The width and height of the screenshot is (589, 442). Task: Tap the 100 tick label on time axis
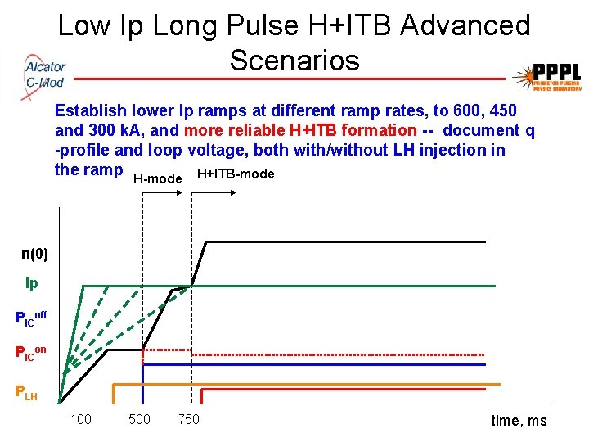(x=80, y=420)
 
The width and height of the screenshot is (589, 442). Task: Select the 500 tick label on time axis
(x=139, y=420)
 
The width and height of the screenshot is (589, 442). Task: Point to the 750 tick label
(x=188, y=420)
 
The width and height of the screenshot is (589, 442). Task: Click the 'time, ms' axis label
(x=519, y=421)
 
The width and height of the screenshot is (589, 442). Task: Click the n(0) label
(x=34, y=254)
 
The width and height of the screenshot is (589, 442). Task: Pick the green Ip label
(x=32, y=284)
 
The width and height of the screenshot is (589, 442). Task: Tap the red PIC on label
(x=31, y=353)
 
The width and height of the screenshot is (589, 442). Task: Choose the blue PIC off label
(x=31, y=318)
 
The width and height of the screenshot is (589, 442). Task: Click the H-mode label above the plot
(x=157, y=178)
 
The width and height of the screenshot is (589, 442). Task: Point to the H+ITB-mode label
(x=236, y=174)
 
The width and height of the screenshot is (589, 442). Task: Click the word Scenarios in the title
(x=294, y=60)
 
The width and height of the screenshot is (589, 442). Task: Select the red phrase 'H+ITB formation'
(x=353, y=130)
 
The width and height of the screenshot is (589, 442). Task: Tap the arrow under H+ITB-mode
(x=214, y=192)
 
